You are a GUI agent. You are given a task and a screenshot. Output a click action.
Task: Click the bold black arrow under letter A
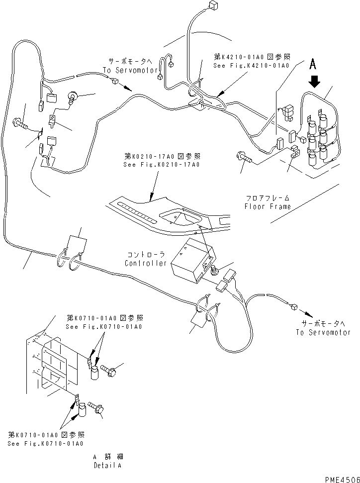point(313,81)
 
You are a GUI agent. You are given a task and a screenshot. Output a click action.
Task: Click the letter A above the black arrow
point(312,64)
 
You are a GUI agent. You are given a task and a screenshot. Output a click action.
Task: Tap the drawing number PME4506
point(340,478)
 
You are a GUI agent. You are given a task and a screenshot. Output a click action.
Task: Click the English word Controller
point(146,263)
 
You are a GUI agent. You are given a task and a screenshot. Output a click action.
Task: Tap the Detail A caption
point(107,466)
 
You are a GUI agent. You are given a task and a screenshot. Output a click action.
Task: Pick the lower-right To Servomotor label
point(323,332)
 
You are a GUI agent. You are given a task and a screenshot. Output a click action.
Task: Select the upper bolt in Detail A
point(109,370)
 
